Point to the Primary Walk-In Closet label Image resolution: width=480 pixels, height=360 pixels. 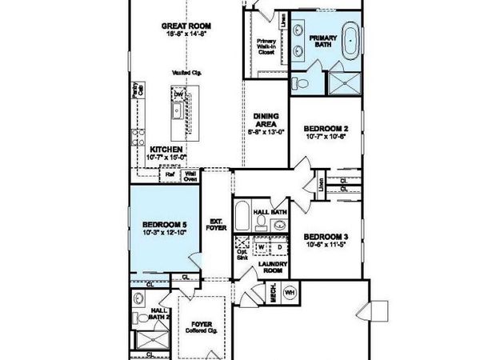[x=266, y=49]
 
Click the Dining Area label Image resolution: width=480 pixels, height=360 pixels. [x=266, y=119]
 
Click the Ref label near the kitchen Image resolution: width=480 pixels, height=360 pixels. [x=170, y=172]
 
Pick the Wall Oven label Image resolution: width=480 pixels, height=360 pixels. [x=191, y=174]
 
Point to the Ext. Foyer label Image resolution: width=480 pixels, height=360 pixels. [x=215, y=224]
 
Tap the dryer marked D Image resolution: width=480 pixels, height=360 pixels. [x=278, y=247]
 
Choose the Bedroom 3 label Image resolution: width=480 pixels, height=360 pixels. [x=326, y=237]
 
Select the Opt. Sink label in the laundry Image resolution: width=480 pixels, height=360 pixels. [x=242, y=254]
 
